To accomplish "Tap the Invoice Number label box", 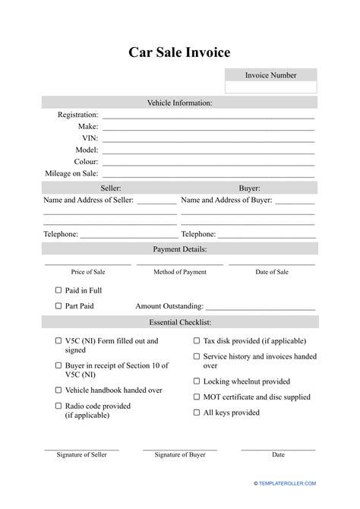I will tap(270, 75).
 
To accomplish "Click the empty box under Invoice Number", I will tap(270, 88).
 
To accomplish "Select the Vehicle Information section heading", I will tap(179, 103).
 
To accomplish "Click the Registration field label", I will tap(77, 115).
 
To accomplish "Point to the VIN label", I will tap(90, 138).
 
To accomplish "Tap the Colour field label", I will tap(85, 162).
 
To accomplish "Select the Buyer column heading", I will tap(249, 188).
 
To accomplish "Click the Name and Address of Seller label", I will tap(89, 200).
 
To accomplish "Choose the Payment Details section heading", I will tap(179, 248).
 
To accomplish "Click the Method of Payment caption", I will tap(180, 271).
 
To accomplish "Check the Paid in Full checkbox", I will tap(58, 290).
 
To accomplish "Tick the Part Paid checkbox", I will tap(58, 306).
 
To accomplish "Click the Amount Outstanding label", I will tap(169, 307).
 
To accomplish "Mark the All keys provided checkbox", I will tap(196, 413).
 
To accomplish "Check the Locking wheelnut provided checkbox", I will tap(196, 381).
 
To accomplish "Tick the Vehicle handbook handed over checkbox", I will tap(58, 390).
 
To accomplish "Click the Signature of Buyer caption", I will tap(180, 455).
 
